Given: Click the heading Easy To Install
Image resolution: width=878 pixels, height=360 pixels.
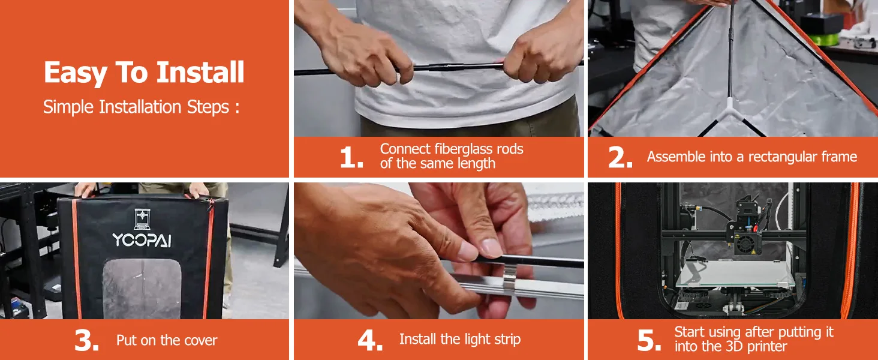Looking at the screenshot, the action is [144, 73].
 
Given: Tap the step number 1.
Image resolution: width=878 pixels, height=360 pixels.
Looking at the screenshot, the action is [351, 158].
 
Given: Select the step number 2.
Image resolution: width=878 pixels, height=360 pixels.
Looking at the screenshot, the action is [620, 158].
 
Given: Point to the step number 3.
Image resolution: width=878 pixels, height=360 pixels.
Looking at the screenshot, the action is [86, 340].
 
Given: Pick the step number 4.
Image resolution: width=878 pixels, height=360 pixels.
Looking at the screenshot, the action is [370, 340].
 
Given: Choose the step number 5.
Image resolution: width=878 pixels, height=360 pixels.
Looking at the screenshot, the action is [649, 340].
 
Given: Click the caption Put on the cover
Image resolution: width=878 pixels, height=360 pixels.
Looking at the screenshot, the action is [167, 340].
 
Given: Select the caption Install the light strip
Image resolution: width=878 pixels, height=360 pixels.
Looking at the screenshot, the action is [460, 339].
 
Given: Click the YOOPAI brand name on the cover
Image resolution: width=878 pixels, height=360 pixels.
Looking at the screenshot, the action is [142, 239].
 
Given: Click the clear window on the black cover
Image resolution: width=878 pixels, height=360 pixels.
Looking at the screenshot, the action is [142, 288].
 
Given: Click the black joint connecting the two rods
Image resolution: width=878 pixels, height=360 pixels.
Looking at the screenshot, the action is [447, 66].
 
